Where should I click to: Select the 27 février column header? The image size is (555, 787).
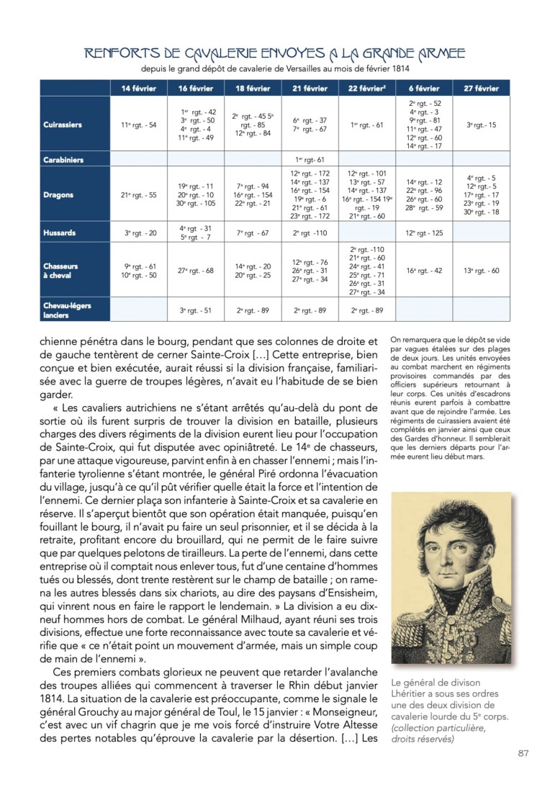[482, 89]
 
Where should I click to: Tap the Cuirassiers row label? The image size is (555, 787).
[63, 125]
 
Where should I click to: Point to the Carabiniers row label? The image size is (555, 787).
[64, 160]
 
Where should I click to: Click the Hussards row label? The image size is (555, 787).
[59, 233]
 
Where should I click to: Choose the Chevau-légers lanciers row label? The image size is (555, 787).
[67, 310]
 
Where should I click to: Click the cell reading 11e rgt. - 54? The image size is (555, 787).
[138, 125]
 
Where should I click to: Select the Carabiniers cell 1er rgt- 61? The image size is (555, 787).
[310, 160]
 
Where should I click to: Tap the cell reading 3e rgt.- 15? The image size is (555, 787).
[481, 125]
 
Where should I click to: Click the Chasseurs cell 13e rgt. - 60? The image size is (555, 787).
[481, 271]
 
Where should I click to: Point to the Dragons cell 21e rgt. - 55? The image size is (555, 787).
[138, 194]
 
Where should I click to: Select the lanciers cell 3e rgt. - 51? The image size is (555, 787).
[196, 310]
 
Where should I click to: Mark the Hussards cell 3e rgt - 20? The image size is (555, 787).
[138, 233]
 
